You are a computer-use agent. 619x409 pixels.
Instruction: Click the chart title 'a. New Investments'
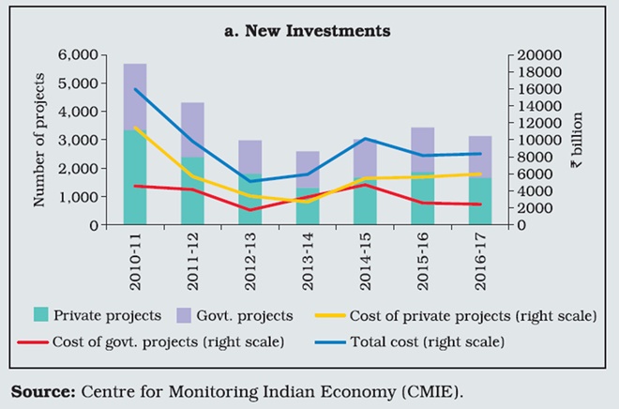click(307, 31)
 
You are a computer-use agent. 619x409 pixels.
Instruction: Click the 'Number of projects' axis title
click(39, 140)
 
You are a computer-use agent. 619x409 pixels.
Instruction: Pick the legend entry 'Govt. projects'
click(249, 315)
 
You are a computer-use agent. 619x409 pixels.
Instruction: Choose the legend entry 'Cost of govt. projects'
click(164, 341)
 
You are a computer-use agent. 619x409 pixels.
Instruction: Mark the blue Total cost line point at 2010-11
click(136, 89)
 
